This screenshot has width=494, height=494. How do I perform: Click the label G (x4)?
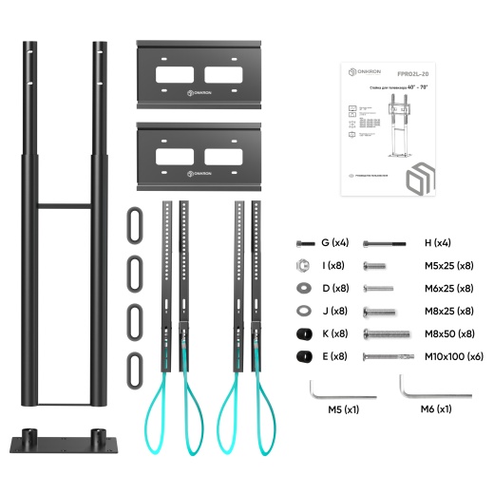point(335,243)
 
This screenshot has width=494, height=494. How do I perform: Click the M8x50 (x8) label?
point(451,333)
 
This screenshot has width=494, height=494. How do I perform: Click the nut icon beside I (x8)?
point(302,266)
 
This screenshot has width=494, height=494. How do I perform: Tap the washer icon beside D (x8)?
point(302,289)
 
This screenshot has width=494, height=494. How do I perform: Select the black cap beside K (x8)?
point(303,333)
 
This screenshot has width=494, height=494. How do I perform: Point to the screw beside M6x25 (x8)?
point(378,289)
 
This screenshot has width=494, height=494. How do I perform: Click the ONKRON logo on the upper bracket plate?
point(199,92)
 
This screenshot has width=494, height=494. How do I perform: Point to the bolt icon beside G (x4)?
point(302,244)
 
